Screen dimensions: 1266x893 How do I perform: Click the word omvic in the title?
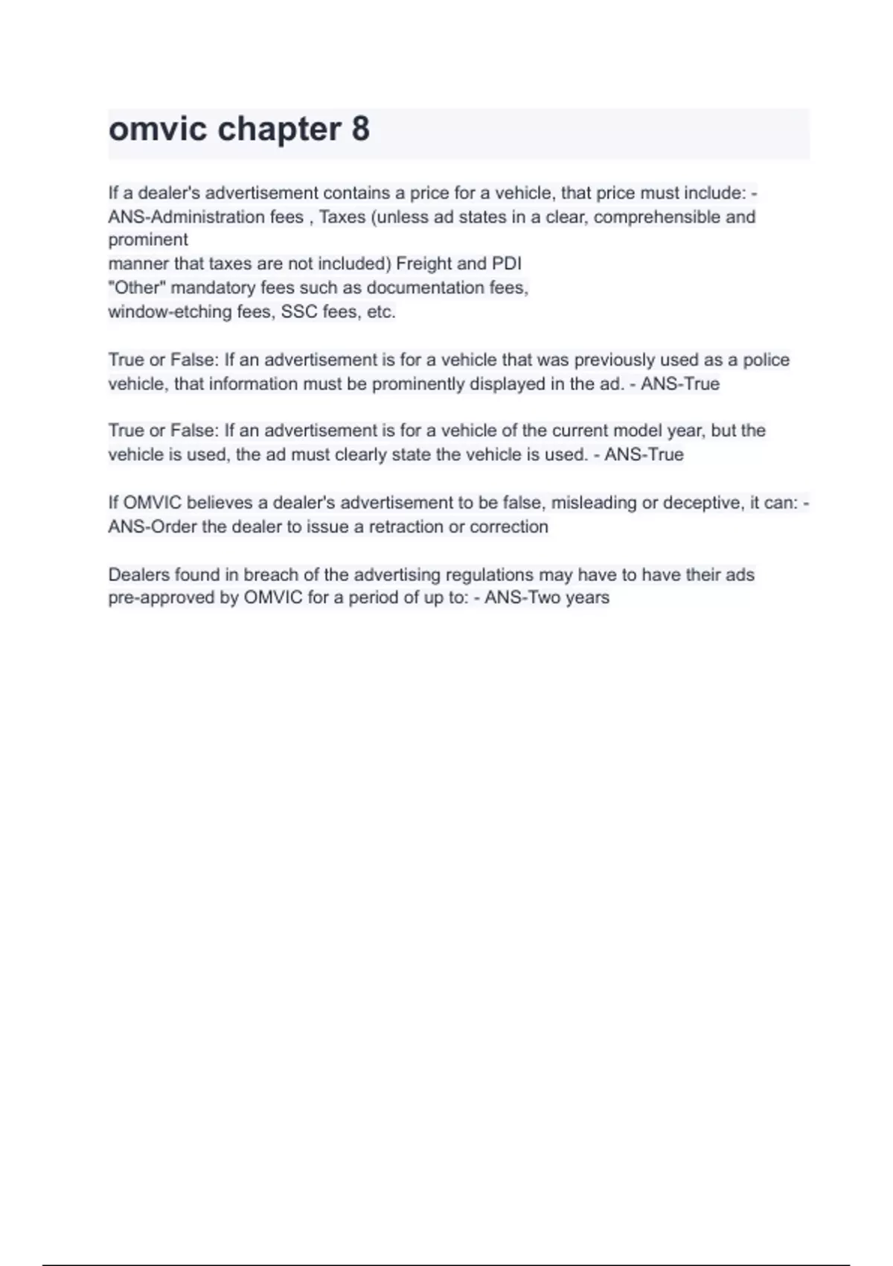click(158, 130)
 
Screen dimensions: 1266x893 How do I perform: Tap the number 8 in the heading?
click(360, 130)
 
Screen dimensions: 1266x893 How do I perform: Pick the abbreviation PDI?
click(506, 264)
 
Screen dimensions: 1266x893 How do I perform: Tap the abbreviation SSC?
click(299, 312)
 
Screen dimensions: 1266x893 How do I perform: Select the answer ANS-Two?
click(522, 598)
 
